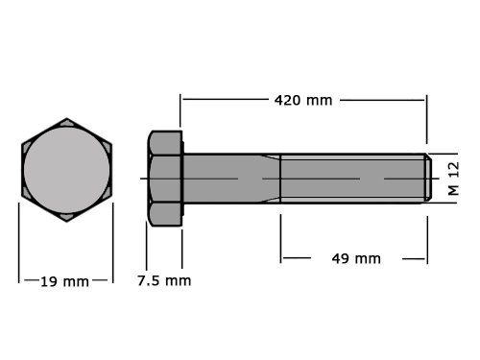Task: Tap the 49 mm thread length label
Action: tap(355, 258)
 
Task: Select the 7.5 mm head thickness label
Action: tap(163, 280)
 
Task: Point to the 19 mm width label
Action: tap(64, 281)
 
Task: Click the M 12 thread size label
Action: tap(453, 178)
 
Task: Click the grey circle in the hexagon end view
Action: tap(66, 170)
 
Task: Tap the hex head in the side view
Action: tap(165, 179)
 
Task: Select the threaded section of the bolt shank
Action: tap(350, 179)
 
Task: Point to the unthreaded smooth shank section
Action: tap(221, 179)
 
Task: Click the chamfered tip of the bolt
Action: tap(427, 179)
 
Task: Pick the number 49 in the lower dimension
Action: tap(342, 258)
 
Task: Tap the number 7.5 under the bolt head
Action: tap(150, 280)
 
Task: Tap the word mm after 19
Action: tap(77, 281)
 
